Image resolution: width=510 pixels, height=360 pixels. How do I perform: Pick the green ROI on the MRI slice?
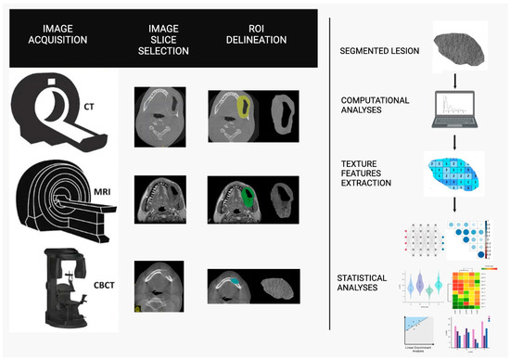pos(248,196)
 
